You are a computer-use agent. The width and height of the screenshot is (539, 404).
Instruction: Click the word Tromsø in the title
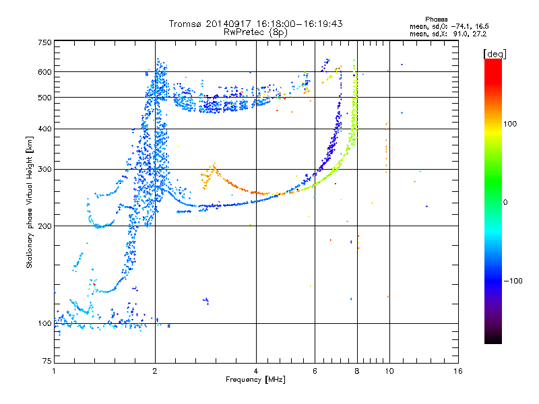[186, 24]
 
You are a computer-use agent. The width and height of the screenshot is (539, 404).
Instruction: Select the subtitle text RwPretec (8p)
[255, 32]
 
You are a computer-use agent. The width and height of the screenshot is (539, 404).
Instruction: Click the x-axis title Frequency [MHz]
[255, 380]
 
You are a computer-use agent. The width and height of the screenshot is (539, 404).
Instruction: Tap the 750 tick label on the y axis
[45, 42]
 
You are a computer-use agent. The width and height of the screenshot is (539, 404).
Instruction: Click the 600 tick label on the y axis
[45, 72]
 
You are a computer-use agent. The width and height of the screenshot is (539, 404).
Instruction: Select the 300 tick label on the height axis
[45, 170]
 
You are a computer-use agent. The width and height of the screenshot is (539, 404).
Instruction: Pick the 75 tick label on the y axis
[47, 361]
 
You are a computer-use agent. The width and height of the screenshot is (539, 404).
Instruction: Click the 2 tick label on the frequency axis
[155, 371]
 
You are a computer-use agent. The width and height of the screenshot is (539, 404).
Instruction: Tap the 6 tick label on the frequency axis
[315, 371]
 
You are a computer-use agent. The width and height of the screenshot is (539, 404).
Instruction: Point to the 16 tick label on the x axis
[458, 371]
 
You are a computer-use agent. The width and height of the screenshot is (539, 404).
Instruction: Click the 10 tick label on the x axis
[389, 371]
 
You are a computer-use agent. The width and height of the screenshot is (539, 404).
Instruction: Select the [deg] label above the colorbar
[495, 55]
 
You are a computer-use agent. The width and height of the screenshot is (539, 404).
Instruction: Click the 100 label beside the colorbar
[510, 124]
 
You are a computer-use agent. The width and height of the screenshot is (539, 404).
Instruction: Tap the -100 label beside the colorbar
[513, 281]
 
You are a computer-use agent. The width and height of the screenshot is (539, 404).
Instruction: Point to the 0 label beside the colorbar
[505, 203]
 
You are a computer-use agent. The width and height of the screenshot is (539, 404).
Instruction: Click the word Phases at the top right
[436, 20]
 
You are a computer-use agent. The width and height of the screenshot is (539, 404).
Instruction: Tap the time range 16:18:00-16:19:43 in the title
[299, 24]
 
